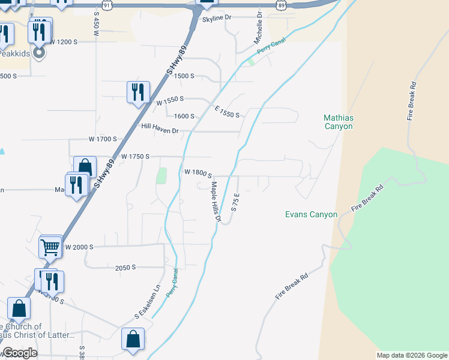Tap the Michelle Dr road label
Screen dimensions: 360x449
click(259, 27)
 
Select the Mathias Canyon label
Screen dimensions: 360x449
click(338, 122)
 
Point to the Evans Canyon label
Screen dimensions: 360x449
click(311, 214)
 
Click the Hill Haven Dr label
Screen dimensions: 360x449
click(160, 129)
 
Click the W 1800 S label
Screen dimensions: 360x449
click(197, 172)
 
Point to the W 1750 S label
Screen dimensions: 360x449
click(135, 156)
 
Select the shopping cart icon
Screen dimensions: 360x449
click(50, 245)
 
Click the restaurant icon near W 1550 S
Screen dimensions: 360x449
click(138, 92)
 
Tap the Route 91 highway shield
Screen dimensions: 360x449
click(107, 5)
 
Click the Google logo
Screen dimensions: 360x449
click(20, 353)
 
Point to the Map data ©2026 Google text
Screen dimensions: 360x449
click(412, 355)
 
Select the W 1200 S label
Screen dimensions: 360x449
click(64, 42)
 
